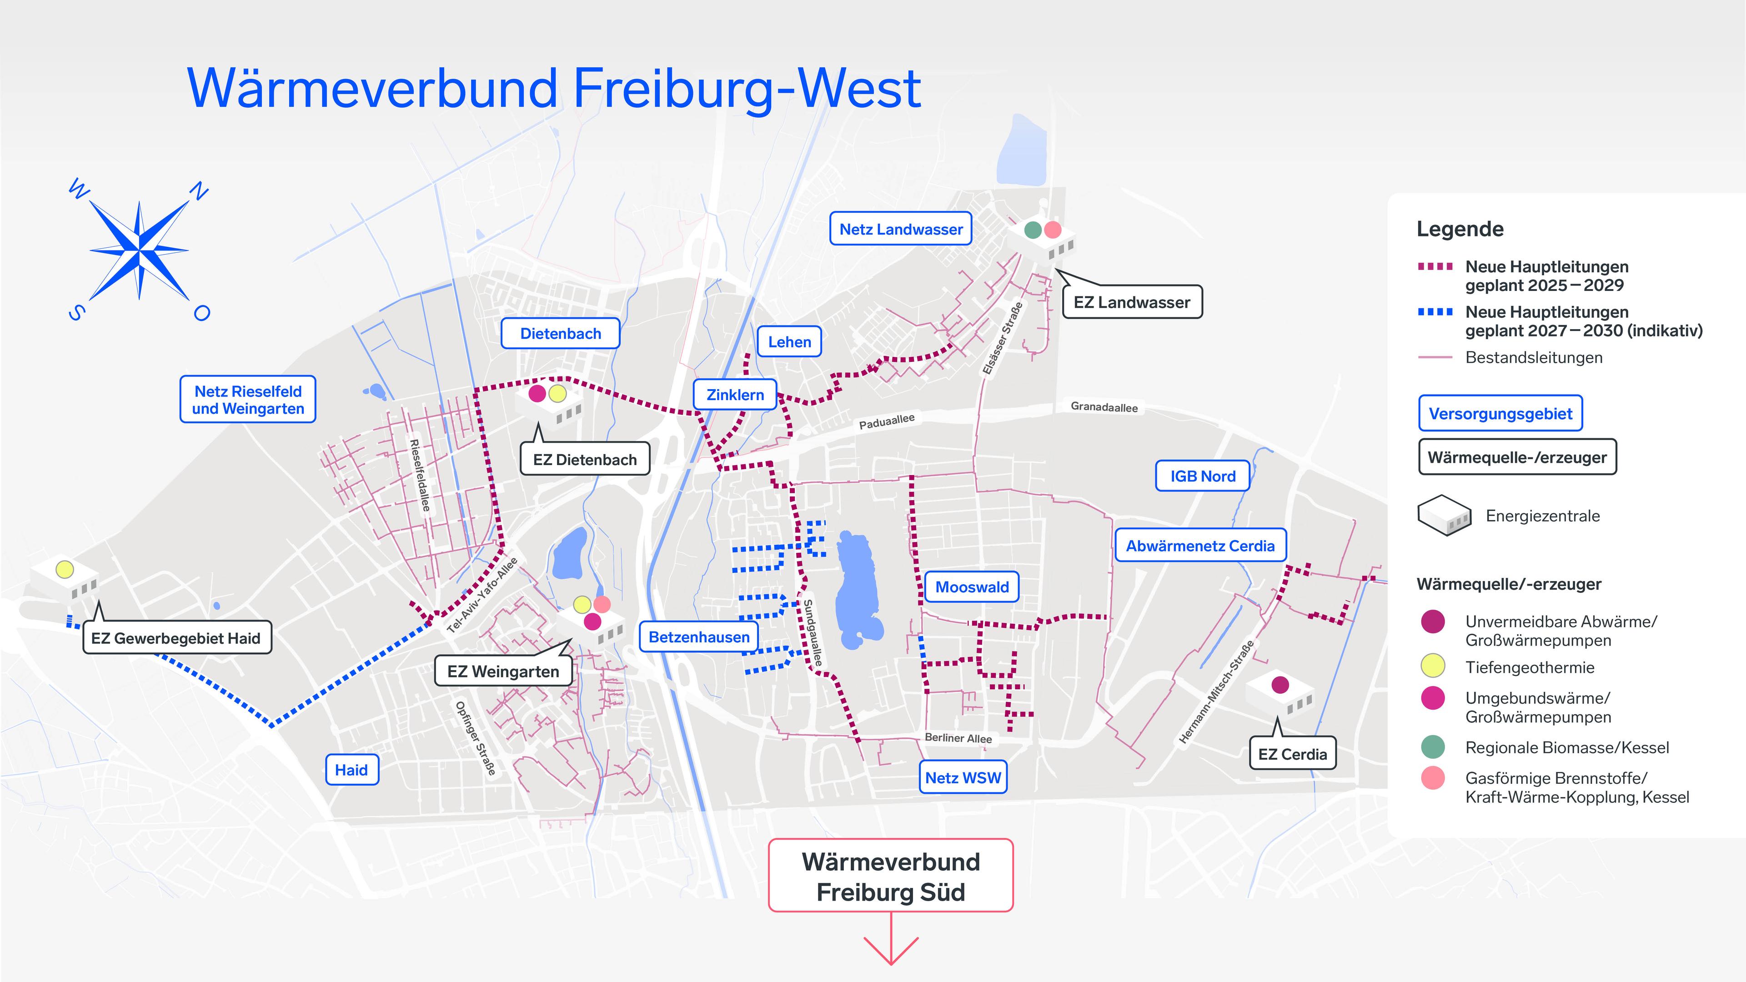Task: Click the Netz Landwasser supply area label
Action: (900, 229)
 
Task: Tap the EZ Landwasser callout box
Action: (1131, 302)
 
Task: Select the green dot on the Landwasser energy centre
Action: (1032, 230)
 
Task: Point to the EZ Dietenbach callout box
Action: (584, 460)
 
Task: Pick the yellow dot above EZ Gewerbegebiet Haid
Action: (65, 569)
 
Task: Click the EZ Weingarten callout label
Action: (503, 671)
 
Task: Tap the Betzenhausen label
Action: (699, 637)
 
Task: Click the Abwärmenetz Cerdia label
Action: (1200, 546)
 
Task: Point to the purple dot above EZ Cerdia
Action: (1279, 685)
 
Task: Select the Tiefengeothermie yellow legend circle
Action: (1433, 666)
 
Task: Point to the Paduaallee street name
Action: (887, 421)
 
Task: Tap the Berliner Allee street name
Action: (958, 738)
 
